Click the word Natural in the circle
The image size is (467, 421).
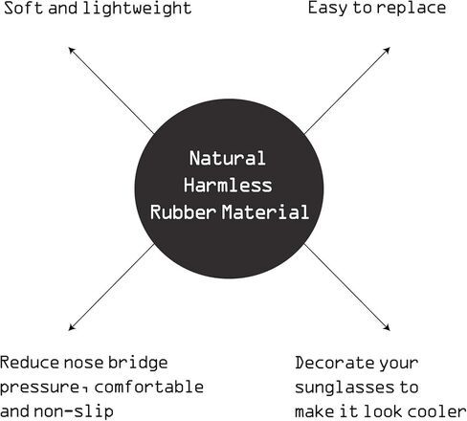click(228, 158)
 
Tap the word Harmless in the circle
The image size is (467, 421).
click(228, 185)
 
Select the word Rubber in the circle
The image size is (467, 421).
click(183, 211)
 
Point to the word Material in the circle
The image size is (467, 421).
click(265, 211)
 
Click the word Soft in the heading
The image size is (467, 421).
click(23, 8)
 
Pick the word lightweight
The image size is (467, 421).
click(137, 9)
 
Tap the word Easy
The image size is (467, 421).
click(327, 9)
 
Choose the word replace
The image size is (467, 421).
click(411, 9)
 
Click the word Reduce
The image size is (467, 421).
click(30, 363)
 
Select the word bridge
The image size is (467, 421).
click(138, 364)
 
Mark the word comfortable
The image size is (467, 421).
click(149, 387)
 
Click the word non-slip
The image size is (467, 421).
click(74, 411)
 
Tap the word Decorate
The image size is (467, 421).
click(335, 363)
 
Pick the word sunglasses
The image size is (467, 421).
click(345, 388)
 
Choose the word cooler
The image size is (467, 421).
click(437, 411)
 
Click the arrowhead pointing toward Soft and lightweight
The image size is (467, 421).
click(72, 50)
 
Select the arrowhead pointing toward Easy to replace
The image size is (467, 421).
click(387, 50)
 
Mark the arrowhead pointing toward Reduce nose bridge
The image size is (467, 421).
click(72, 327)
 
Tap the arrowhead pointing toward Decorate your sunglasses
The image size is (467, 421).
click(387, 327)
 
